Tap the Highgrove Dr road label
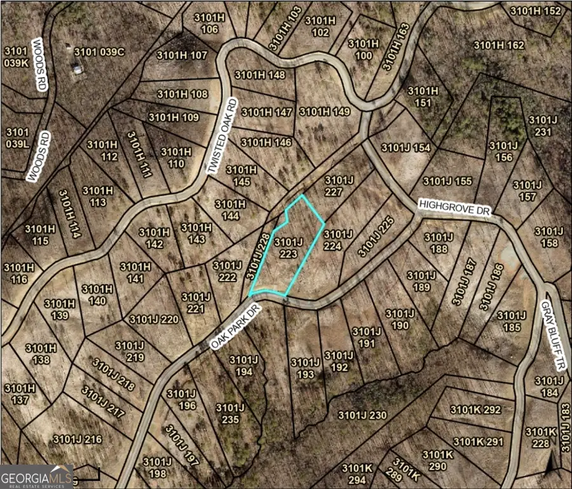(456, 210)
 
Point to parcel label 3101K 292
(475, 410)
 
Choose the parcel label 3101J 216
(78, 439)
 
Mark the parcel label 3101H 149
(325, 112)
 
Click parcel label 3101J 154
(405, 148)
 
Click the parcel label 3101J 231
(541, 126)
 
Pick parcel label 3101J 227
(338, 185)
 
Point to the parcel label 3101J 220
(154, 319)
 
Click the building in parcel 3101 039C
(77, 69)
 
